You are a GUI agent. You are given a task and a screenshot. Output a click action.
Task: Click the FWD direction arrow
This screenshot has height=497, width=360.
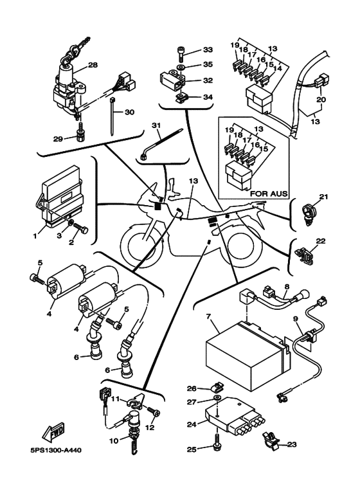[53, 432]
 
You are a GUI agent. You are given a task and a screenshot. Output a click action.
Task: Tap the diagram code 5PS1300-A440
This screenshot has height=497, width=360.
[56, 450]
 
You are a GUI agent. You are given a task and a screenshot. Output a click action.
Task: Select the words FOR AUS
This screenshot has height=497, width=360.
[269, 194]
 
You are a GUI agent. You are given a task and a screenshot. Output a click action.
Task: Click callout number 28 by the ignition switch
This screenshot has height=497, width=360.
[93, 65]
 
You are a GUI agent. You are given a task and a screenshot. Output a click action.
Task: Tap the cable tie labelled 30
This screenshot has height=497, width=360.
[113, 116]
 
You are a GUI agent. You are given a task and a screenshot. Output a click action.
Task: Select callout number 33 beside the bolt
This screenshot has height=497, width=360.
[208, 50]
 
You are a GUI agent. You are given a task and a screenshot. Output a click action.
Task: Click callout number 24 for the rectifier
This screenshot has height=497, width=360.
[192, 424]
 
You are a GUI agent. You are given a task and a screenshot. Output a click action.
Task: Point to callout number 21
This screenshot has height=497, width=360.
[323, 197]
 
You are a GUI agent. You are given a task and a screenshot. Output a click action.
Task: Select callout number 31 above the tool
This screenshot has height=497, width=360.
[156, 125]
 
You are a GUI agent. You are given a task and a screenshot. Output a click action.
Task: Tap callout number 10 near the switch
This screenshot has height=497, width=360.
[114, 440]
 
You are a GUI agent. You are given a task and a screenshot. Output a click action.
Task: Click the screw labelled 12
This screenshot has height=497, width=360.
[154, 412]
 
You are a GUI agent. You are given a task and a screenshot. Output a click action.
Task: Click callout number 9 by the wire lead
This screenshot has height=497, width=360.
[296, 319]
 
